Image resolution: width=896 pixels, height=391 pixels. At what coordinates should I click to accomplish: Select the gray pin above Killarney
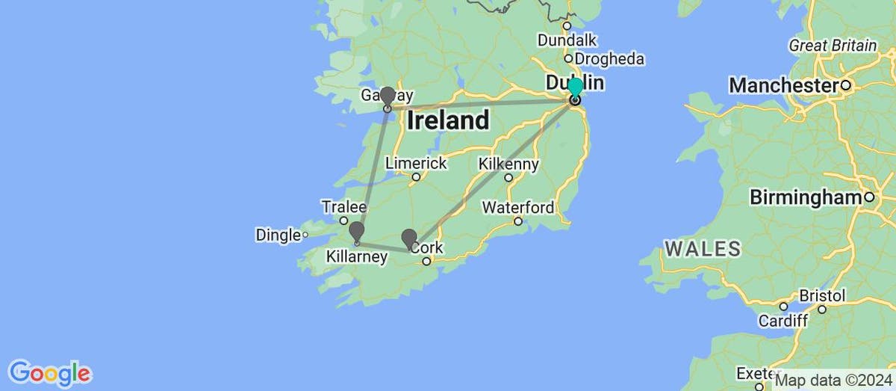pos(357,231)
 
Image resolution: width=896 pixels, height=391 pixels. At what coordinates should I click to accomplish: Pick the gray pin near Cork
pos(409,238)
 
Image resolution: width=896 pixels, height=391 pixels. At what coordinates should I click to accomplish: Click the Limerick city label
pos(416,163)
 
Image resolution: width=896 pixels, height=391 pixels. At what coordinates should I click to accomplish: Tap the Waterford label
pos(519,207)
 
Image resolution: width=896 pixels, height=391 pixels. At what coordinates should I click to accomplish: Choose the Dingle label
pos(278,235)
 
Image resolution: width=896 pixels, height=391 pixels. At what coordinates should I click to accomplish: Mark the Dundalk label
pos(566,40)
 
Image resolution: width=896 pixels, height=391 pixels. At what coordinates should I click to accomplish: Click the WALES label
pos(703,248)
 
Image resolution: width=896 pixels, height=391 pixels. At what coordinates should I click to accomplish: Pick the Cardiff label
pos(783,321)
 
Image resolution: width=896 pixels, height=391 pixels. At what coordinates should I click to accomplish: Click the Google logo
pos(49,372)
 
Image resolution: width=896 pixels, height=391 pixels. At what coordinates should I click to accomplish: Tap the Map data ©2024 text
pos(832,381)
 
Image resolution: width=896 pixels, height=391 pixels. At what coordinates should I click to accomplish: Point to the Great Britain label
pos(833,46)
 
